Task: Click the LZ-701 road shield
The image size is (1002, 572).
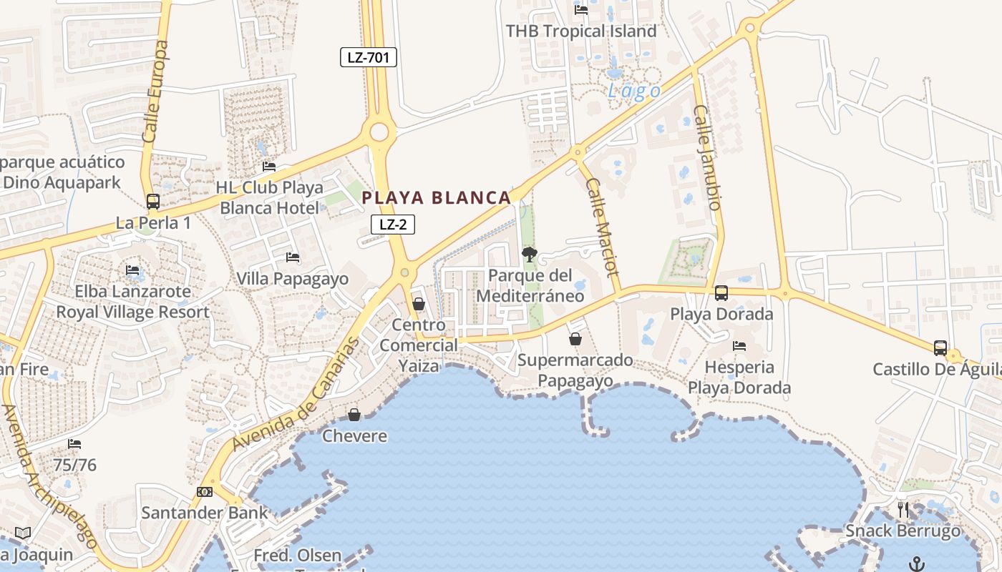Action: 368,57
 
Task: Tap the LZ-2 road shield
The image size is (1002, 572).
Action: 393,225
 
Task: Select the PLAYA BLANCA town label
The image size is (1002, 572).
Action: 437,198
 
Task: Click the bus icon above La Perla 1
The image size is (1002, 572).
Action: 153,201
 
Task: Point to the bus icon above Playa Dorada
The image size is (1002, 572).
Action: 721,292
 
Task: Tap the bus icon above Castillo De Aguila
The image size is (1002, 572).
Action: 940,347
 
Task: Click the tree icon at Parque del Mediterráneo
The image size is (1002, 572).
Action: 530,254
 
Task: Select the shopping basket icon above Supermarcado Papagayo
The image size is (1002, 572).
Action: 575,338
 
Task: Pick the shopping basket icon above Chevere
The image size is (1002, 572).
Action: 354,414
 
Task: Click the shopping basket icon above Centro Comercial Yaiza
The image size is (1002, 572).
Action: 419,304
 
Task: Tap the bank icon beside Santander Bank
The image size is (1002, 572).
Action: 205,492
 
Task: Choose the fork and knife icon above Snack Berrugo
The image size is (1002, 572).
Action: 903,509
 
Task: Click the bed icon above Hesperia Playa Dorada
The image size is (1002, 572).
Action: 739,346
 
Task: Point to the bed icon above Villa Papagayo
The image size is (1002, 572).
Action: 292,257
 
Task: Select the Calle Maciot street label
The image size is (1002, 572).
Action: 601,227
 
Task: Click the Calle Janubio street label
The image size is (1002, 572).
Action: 706,157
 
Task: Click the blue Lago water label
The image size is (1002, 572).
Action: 634,92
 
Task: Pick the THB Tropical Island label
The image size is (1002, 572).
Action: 581,31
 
